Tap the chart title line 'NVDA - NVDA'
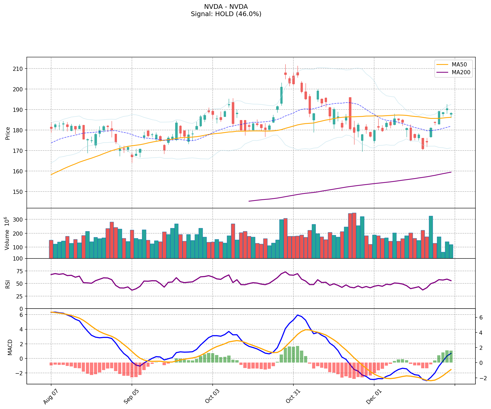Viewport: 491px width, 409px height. coord(226,7)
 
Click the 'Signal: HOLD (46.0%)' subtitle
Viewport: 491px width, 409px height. coord(226,14)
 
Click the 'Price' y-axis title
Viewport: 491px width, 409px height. coord(8,133)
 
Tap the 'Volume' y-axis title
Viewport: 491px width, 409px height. coord(7,233)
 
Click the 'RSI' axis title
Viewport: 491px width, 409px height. coord(8,284)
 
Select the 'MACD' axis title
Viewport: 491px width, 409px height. coord(10,347)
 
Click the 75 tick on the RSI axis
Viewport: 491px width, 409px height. coord(20,271)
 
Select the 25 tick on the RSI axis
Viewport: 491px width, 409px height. coord(20,296)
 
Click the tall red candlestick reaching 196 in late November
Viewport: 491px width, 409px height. coord(350,113)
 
